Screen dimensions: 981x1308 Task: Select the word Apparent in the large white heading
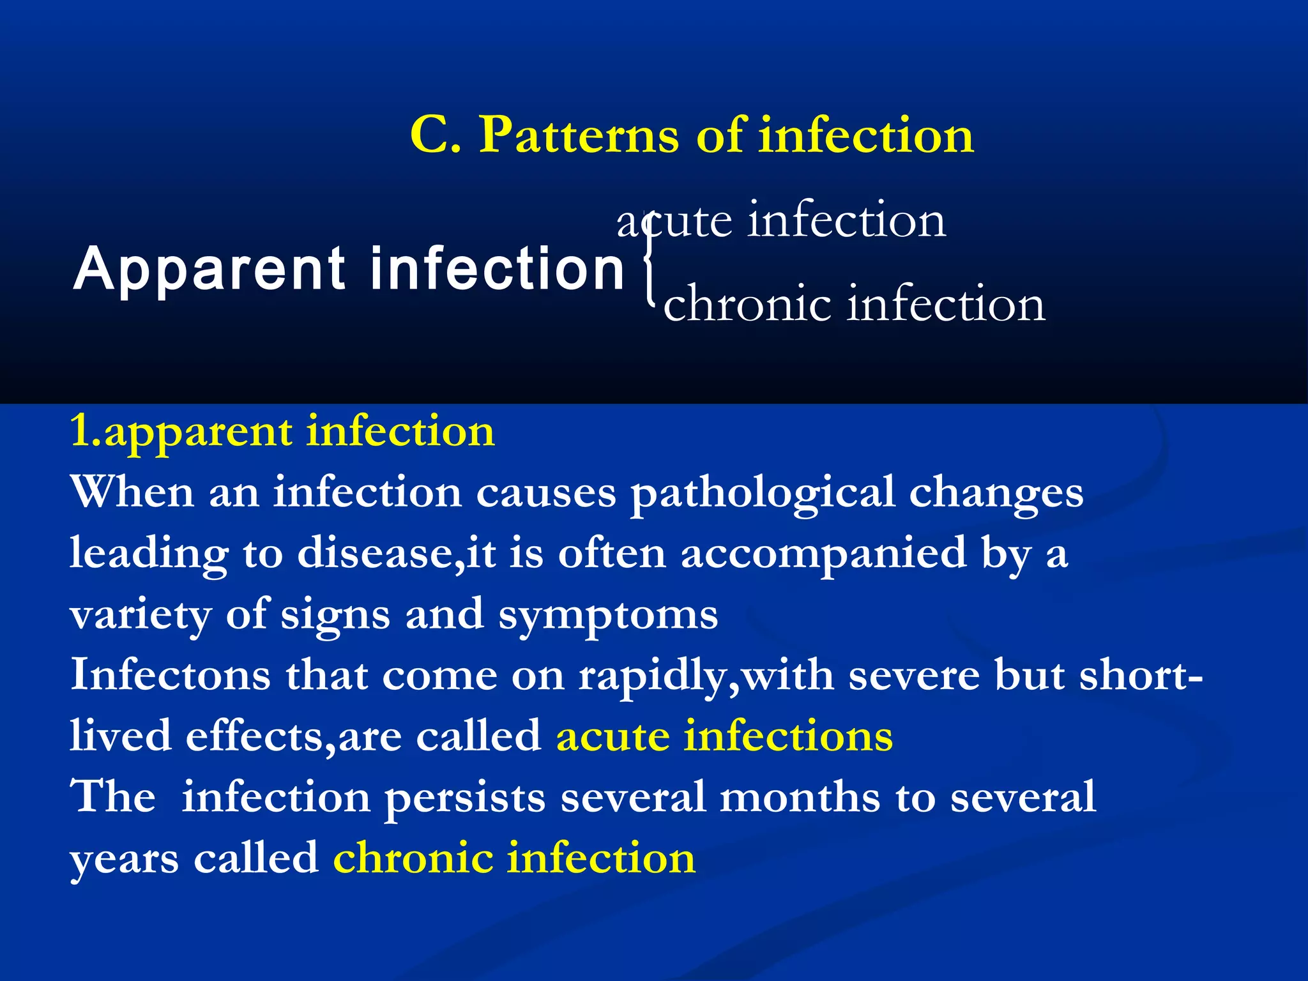pos(210,270)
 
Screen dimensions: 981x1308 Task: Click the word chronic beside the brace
pos(747,304)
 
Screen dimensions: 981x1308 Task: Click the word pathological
pos(763,493)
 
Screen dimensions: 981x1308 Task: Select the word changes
pos(996,493)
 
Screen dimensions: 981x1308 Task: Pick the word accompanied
pos(823,553)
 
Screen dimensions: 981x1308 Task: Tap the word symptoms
pos(608,616)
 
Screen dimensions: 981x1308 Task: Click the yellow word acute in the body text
pos(612,736)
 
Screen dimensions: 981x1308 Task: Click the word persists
pos(466,797)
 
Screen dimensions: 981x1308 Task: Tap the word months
pos(800,797)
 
